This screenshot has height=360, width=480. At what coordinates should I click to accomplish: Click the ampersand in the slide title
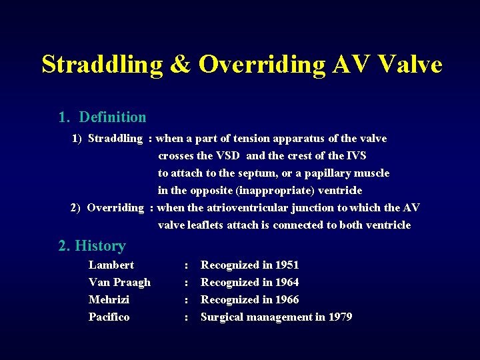point(180,65)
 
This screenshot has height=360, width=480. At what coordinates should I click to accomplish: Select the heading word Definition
point(113,117)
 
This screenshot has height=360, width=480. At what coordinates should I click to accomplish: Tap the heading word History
point(101,246)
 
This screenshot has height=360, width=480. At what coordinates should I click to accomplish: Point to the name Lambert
point(111,265)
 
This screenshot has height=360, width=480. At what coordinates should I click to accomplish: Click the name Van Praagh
point(119,283)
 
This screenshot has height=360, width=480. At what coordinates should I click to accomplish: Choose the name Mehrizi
point(109,300)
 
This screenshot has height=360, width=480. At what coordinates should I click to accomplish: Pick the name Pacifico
point(109,317)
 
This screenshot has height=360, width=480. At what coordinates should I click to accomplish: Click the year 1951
point(287,265)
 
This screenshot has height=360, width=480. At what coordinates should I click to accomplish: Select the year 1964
point(287,283)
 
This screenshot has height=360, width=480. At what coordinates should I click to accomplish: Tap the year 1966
point(287,300)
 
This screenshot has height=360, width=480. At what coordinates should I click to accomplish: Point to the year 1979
point(340,317)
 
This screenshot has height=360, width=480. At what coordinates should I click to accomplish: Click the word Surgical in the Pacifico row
point(223,317)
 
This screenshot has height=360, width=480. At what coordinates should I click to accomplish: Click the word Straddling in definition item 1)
point(115,139)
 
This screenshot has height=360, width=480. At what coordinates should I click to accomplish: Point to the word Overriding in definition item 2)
point(115,208)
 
